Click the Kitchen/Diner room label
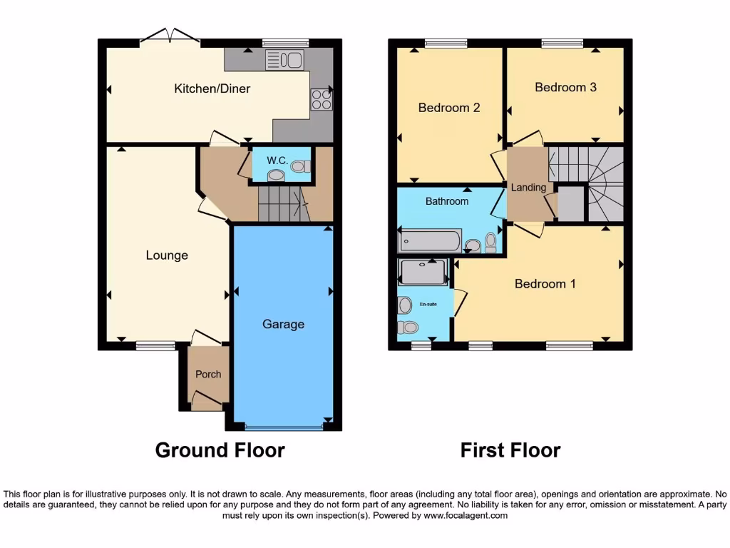(212, 88)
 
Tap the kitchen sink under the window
(284, 60)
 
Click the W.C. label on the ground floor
(277, 161)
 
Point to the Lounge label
(167, 255)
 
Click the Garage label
(283, 324)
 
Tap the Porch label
(208, 374)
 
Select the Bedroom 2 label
(448, 108)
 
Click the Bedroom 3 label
(565, 87)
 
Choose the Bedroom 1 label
(545, 284)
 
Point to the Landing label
(528, 188)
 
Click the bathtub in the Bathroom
(430, 240)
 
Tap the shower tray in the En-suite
(423, 272)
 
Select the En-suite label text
(428, 305)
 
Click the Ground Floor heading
(220, 450)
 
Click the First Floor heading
(510, 450)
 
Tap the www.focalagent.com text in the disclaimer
(465, 515)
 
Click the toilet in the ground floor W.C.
(299, 166)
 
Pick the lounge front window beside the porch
(155, 346)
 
